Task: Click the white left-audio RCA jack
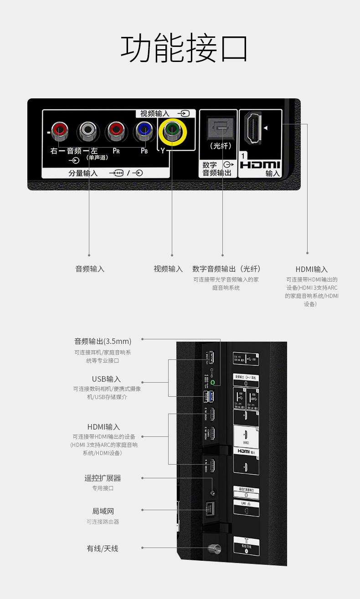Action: tap(88, 131)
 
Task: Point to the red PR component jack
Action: tap(116, 131)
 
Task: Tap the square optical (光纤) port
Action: tap(221, 128)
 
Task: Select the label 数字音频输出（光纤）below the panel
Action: tap(226, 269)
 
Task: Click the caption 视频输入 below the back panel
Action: tap(168, 269)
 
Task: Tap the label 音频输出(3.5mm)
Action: tap(103, 341)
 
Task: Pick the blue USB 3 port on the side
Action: tap(209, 397)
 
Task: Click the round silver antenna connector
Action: tap(212, 548)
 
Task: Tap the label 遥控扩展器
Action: tap(103, 478)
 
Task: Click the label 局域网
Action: tap(103, 511)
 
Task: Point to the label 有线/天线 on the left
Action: tap(103, 548)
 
